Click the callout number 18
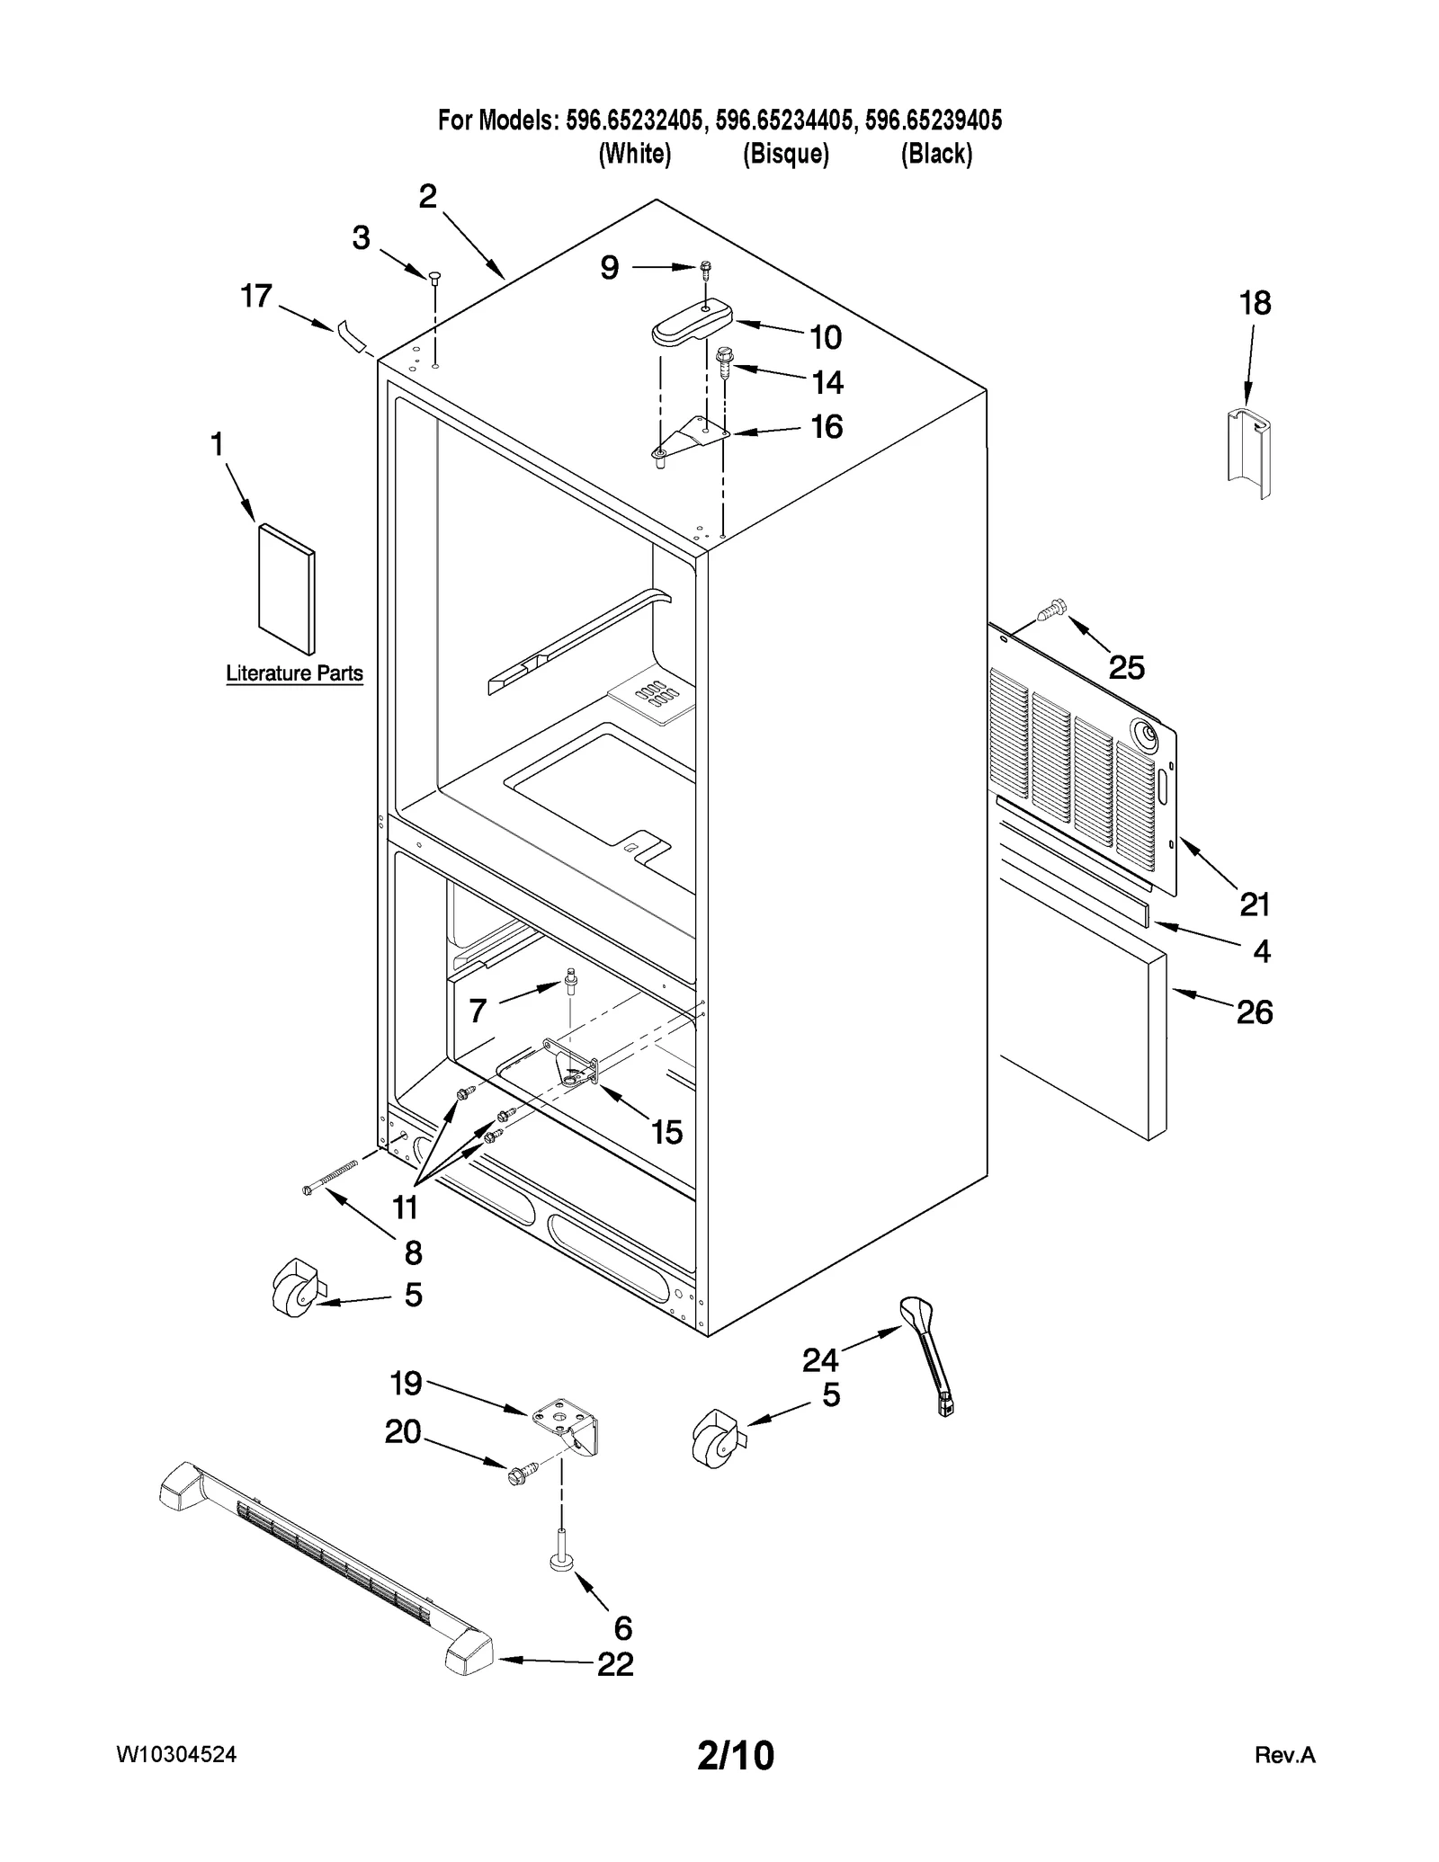(x=1256, y=304)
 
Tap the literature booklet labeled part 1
(x=286, y=589)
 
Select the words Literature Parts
(x=294, y=673)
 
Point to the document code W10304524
(x=176, y=1754)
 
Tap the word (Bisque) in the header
(x=785, y=154)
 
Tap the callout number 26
(x=1254, y=1012)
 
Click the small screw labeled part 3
(x=433, y=278)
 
